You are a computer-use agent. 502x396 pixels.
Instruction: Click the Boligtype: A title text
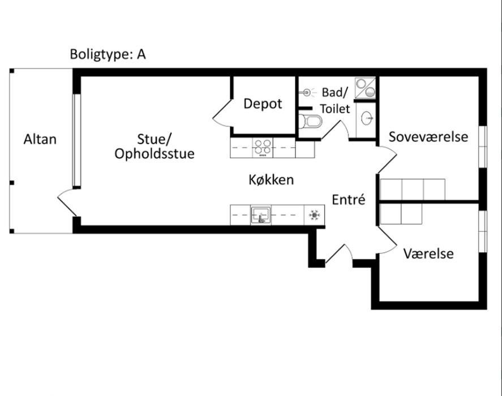click(x=108, y=54)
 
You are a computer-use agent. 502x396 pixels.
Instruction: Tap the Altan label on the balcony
click(x=40, y=139)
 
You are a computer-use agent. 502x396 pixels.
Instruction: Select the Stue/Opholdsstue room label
click(x=155, y=146)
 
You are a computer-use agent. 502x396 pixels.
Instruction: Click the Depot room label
click(x=263, y=104)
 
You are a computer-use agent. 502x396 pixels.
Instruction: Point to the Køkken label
click(x=271, y=180)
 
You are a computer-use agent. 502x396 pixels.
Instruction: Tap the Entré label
click(x=348, y=200)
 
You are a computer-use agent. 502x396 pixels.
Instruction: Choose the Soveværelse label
click(x=428, y=137)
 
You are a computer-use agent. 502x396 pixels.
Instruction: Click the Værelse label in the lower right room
click(x=428, y=253)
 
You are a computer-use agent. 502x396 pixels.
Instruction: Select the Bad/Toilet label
click(x=335, y=100)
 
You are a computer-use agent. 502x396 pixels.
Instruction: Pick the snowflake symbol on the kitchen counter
click(x=314, y=215)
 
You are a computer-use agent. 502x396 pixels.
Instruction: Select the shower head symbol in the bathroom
click(x=307, y=91)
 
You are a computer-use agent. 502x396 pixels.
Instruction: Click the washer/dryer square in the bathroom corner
click(x=365, y=88)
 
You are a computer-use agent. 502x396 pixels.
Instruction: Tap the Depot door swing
click(x=222, y=113)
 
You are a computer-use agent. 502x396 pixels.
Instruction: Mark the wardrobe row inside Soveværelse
click(x=413, y=190)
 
